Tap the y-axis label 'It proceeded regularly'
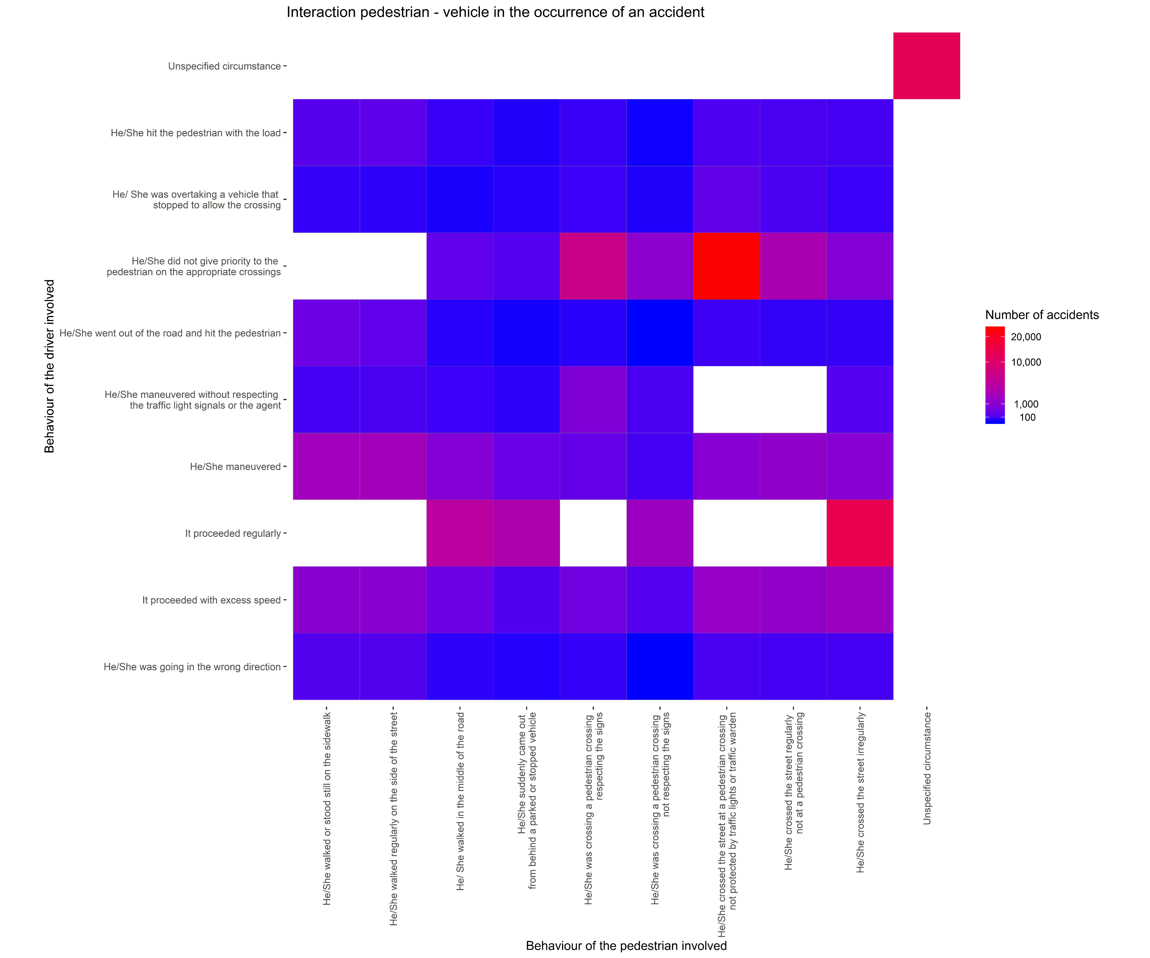pos(233,533)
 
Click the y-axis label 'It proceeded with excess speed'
pos(211,600)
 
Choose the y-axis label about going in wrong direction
pos(192,667)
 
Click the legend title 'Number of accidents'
pos(1042,315)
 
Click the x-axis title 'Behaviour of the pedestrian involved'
pos(626,945)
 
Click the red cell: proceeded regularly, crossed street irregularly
pos(860,533)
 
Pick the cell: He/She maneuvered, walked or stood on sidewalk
pos(326,466)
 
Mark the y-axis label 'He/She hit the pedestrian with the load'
pos(195,133)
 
